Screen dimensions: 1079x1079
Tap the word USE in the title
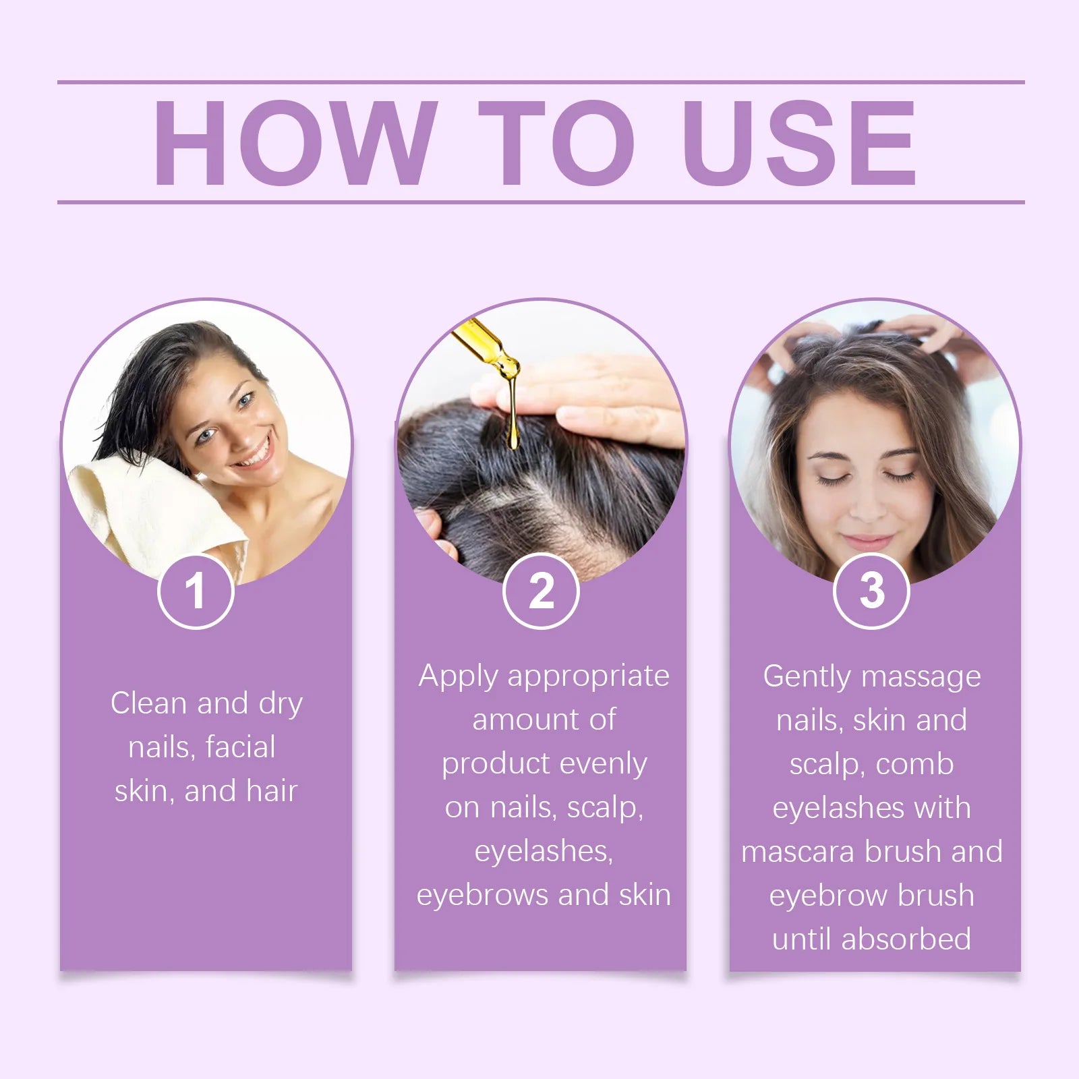click(799, 142)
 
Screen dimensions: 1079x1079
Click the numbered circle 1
click(196, 591)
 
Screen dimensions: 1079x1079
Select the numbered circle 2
click(541, 591)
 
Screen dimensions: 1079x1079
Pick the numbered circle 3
click(871, 591)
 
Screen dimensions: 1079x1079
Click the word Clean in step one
click(148, 703)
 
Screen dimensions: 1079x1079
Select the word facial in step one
click(240, 747)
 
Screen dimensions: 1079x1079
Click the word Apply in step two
click(459, 676)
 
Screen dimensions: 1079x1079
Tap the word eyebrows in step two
click(483, 896)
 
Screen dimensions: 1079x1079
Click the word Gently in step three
click(807, 676)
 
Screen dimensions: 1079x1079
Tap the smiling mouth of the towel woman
click(254, 455)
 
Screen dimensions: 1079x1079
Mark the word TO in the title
click(557, 142)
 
